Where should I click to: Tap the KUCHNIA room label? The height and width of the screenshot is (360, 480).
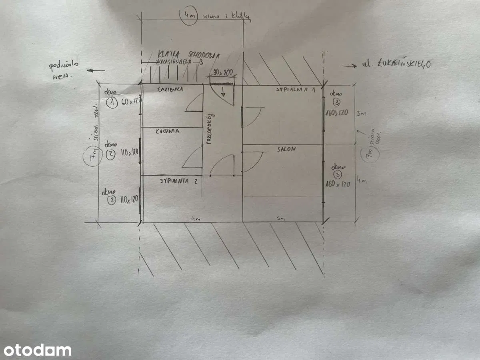click(x=168, y=131)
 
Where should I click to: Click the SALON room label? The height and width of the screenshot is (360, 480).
click(x=287, y=149)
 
